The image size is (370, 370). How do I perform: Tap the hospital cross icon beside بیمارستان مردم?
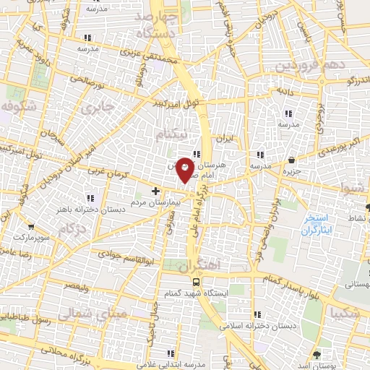pos(156,191)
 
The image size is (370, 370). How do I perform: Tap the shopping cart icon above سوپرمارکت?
pos(30,223)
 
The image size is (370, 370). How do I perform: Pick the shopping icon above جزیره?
pos(291,160)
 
